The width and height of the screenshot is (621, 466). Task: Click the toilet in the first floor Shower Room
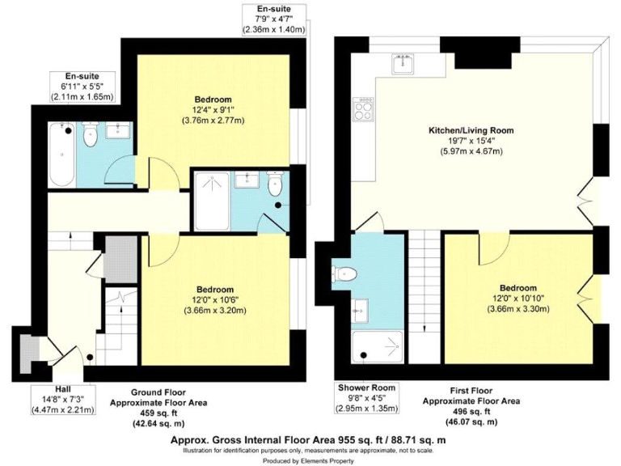[346, 273]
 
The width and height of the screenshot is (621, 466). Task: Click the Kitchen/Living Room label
[471, 130]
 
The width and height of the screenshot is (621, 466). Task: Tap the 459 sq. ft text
[158, 411]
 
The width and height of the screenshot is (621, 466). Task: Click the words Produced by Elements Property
[310, 460]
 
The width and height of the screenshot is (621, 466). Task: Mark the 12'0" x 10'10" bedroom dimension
[517, 298]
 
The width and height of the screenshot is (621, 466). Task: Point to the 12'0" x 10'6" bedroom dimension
[213, 299]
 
